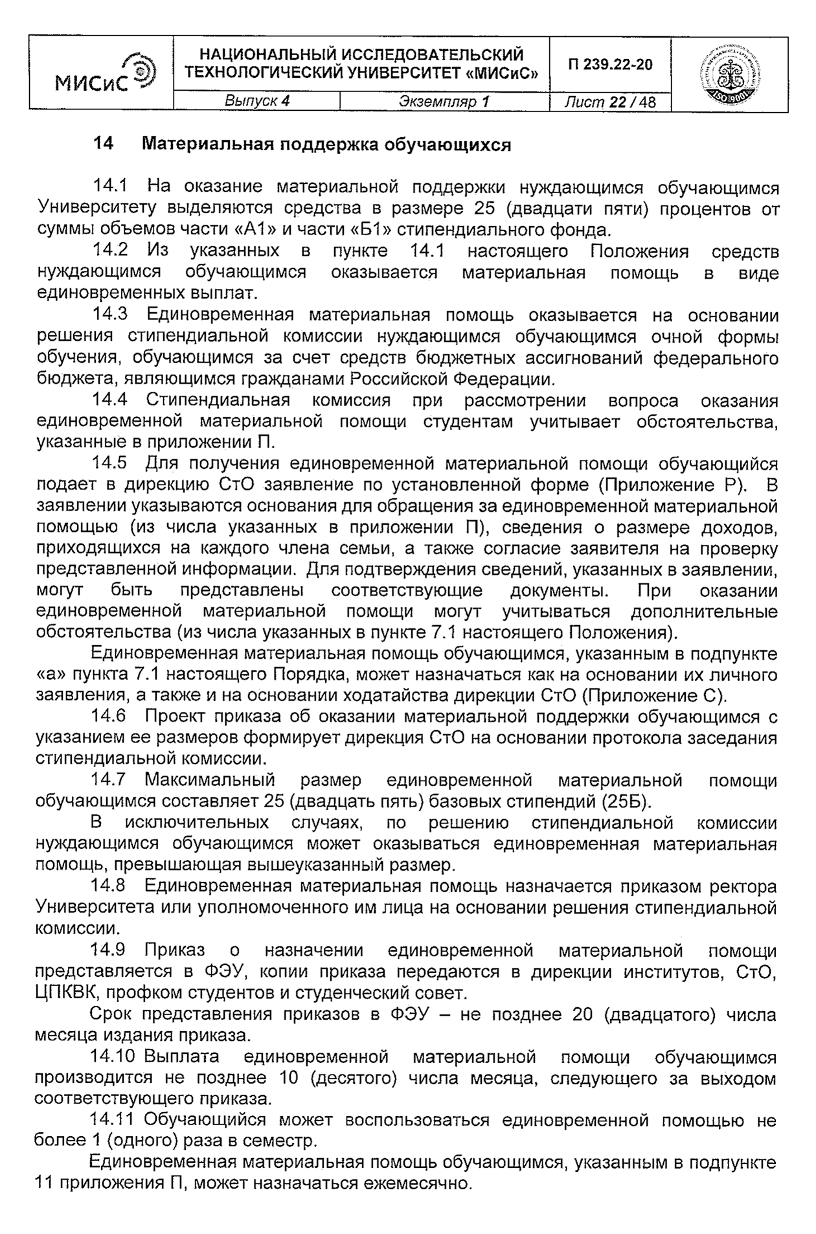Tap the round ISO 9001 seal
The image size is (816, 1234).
pos(729,73)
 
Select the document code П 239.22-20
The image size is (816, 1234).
pos(610,65)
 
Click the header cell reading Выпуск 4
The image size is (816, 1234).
pos(256,102)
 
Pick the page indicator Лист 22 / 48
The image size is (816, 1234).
pos(609,102)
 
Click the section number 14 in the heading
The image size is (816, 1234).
pos(104,144)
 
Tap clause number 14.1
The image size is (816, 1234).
pos(110,187)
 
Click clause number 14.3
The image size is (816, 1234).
pos(110,315)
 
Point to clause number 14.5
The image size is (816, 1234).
pos(110,464)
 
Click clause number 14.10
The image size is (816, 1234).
pos(113,1057)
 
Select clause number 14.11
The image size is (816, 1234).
pos(113,1120)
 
